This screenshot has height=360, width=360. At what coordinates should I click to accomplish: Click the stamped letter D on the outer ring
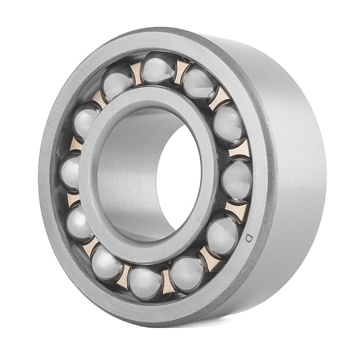[x=248, y=238]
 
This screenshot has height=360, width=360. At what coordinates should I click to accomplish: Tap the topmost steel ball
[x=157, y=68]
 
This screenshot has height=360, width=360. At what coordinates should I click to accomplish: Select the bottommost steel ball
[x=146, y=283]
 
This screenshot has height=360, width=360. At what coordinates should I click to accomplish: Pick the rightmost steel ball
[x=238, y=179]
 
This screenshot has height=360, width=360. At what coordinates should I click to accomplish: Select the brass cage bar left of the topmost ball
[x=136, y=74]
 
